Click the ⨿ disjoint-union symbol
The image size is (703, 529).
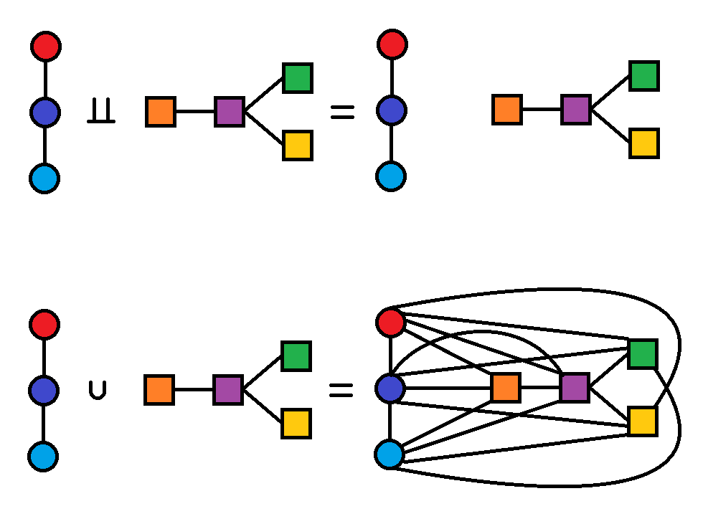(x=101, y=113)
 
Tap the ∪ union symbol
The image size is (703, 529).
(x=98, y=391)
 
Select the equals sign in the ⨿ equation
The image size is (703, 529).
(x=342, y=111)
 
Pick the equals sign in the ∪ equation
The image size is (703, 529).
(x=341, y=390)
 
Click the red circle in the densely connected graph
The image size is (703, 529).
(x=390, y=323)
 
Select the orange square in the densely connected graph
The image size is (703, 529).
(x=506, y=388)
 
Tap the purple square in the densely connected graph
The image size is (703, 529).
(x=575, y=388)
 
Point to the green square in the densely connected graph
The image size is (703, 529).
(x=642, y=354)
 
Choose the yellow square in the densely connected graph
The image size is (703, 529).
(x=642, y=421)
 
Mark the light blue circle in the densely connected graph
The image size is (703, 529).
(x=390, y=454)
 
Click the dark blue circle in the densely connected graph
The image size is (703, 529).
(x=390, y=388)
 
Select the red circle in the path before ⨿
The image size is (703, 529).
(x=46, y=47)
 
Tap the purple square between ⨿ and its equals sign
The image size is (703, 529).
(x=230, y=112)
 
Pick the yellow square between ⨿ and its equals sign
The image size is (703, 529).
(x=297, y=146)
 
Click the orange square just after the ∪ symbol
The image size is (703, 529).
(x=159, y=390)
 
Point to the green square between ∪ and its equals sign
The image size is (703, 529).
(x=296, y=356)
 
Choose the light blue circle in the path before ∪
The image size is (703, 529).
(x=43, y=456)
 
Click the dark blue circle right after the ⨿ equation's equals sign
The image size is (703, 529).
(x=392, y=110)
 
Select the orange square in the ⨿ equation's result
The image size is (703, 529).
(x=507, y=110)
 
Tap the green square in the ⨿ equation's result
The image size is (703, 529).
(x=644, y=76)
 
